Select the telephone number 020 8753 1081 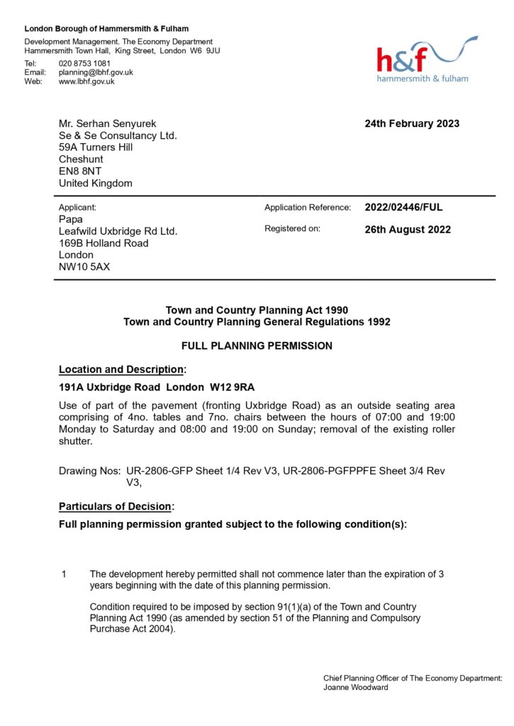point(84,63)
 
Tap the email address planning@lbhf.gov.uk point(96,72)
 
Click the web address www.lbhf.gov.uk point(86,82)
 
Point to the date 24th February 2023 point(412,123)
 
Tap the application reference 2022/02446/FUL point(403,208)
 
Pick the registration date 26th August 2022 point(408,230)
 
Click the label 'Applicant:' point(77,208)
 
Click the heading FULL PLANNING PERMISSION point(257,346)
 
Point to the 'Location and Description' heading point(122,369)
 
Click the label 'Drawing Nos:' point(89,471)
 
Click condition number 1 point(64,574)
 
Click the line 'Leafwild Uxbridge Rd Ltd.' point(118,231)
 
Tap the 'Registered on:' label point(292,229)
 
